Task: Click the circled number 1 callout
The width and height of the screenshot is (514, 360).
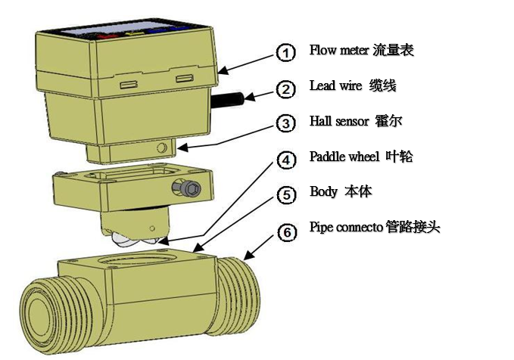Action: [285, 52]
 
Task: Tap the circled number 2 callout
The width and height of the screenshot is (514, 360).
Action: [285, 89]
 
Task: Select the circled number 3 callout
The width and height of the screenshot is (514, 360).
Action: [285, 123]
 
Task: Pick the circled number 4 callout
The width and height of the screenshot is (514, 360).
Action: [285, 160]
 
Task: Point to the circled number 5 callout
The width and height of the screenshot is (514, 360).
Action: [285, 194]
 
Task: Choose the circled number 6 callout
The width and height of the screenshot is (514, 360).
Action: [285, 231]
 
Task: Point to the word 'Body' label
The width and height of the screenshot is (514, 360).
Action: [323, 191]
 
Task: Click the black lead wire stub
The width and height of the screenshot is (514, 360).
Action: [230, 99]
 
